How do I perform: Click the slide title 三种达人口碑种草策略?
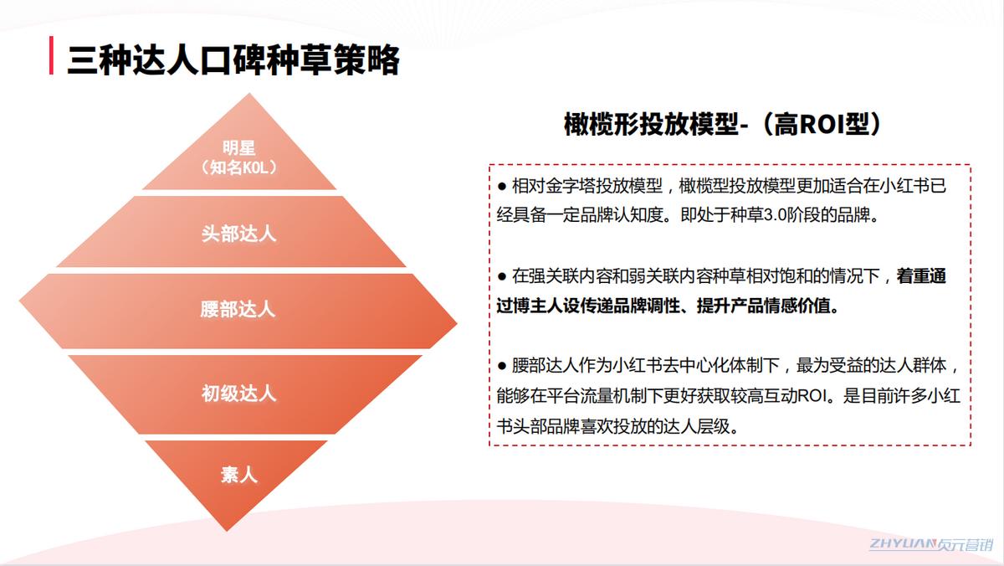[233, 60]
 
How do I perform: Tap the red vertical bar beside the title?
[52, 56]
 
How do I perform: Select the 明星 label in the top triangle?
[238, 148]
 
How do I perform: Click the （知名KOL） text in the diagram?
[238, 167]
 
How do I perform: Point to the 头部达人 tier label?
[238, 234]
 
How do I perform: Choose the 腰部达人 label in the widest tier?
[238, 309]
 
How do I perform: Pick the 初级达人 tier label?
[238, 393]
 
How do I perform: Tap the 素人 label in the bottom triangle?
[238, 475]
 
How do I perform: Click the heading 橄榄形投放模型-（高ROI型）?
[725, 124]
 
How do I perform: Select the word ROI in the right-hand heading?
[827, 124]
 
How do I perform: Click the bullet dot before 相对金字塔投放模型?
[502, 186]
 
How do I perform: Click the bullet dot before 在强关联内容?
[502, 275]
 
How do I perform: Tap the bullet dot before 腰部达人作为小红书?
[502, 366]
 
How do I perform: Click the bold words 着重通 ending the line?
[921, 275]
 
